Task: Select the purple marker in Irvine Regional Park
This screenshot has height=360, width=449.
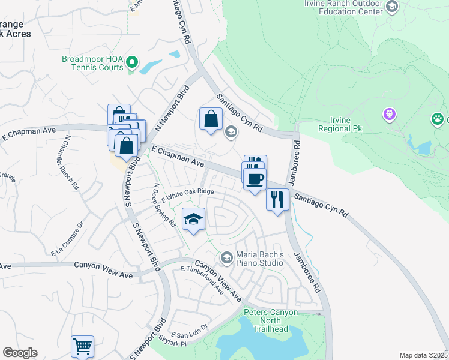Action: tap(390, 113)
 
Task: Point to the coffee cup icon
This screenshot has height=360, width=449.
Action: tap(255, 179)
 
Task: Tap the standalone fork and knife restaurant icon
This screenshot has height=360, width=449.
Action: tap(277, 199)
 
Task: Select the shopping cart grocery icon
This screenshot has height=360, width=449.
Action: tap(82, 346)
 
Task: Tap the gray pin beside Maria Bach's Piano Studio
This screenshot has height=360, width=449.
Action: tap(226, 258)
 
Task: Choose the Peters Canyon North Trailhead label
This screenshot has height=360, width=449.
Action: tap(274, 320)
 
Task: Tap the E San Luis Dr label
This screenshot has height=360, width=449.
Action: tap(189, 331)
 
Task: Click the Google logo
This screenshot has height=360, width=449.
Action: tap(20, 353)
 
